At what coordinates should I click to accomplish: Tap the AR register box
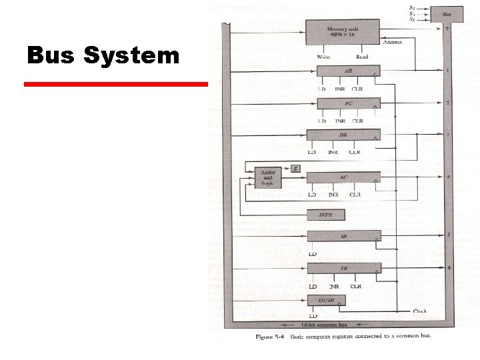point(348,71)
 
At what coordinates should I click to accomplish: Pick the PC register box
point(348,103)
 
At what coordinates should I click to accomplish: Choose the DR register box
point(343,135)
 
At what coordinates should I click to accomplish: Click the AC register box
point(343,177)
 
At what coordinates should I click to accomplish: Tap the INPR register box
point(325,215)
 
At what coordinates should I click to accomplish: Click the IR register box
point(343,236)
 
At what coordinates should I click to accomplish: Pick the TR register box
point(343,268)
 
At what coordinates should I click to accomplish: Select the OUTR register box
point(326,301)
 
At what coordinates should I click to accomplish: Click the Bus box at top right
point(447,13)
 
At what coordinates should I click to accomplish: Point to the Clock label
point(420,311)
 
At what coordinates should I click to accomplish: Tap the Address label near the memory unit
point(393,43)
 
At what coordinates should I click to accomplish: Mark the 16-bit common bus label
point(316,324)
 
